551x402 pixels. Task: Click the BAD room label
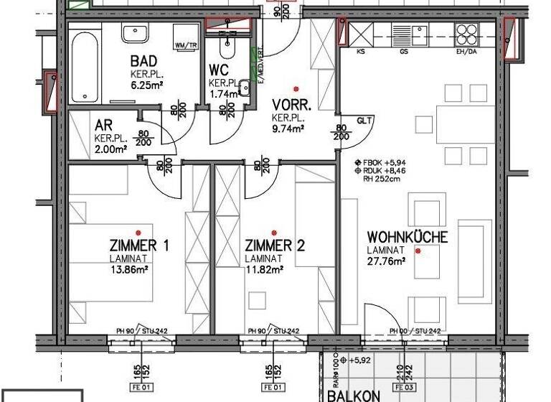point(144,62)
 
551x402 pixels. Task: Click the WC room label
point(219,70)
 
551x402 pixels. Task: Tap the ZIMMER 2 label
point(275,246)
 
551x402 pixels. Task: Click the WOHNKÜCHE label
point(407,238)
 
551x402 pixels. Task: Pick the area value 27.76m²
point(387,262)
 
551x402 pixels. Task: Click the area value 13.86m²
point(129,270)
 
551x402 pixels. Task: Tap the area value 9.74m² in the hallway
point(288,128)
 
